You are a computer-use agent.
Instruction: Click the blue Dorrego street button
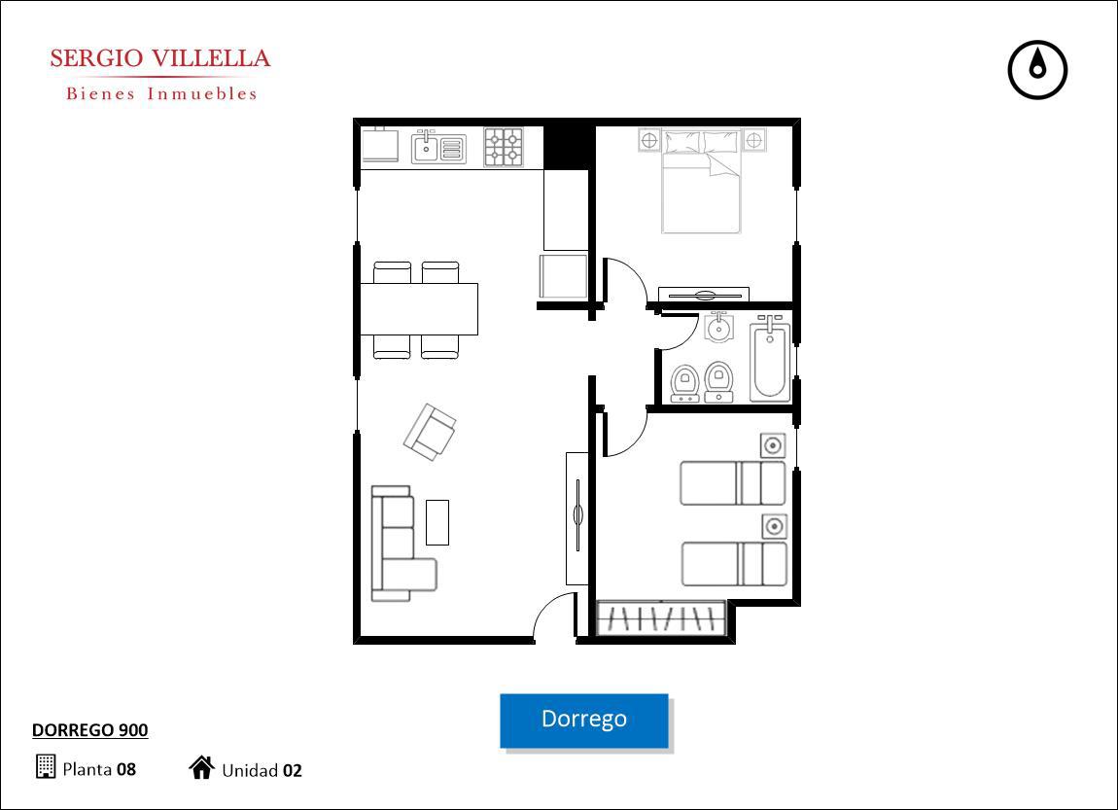(584, 721)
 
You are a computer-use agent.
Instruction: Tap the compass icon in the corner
(1037, 70)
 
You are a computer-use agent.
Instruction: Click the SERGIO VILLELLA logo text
(160, 58)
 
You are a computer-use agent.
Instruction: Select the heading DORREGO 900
(90, 730)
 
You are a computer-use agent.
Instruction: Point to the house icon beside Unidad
(202, 767)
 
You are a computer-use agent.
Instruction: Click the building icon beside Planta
(46, 766)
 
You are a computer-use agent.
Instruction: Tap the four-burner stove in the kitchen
(504, 147)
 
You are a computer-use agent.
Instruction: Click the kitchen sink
(438, 149)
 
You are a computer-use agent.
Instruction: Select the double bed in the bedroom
(702, 181)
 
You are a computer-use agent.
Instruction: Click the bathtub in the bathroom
(770, 361)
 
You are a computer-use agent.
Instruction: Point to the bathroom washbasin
(718, 328)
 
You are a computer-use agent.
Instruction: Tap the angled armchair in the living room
(430, 432)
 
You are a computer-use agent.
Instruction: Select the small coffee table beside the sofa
(437, 522)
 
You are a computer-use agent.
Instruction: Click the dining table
(419, 309)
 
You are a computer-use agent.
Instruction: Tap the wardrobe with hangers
(661, 617)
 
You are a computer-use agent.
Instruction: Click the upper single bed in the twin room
(732, 482)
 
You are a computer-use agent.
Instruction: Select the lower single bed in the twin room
(734, 565)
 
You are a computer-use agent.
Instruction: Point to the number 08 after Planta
(126, 769)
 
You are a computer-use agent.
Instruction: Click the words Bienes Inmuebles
(161, 93)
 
